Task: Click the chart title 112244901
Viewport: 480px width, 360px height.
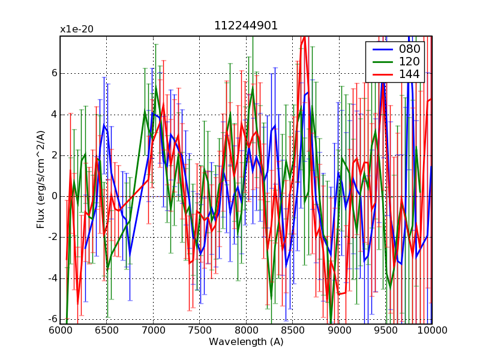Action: (x=246, y=26)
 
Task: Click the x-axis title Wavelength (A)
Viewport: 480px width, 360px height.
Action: (x=246, y=342)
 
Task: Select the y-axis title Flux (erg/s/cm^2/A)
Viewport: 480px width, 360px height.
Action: (x=41, y=180)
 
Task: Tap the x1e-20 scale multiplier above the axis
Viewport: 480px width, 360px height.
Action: (x=76, y=29)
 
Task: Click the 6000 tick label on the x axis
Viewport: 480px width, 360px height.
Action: (x=60, y=330)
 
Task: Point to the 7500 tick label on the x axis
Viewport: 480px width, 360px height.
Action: (x=200, y=330)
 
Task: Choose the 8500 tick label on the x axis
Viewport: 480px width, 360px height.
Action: (x=293, y=330)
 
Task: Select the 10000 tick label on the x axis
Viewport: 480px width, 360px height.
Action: (x=432, y=330)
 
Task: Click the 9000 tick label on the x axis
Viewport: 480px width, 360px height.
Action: (x=339, y=330)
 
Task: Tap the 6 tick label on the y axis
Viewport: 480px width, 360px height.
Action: (x=53, y=73)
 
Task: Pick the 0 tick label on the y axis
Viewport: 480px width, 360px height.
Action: (x=53, y=196)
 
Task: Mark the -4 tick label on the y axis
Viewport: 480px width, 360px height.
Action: (x=52, y=278)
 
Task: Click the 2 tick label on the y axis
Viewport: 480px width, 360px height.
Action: (x=53, y=155)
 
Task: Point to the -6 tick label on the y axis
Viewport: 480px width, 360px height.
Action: (x=52, y=319)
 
